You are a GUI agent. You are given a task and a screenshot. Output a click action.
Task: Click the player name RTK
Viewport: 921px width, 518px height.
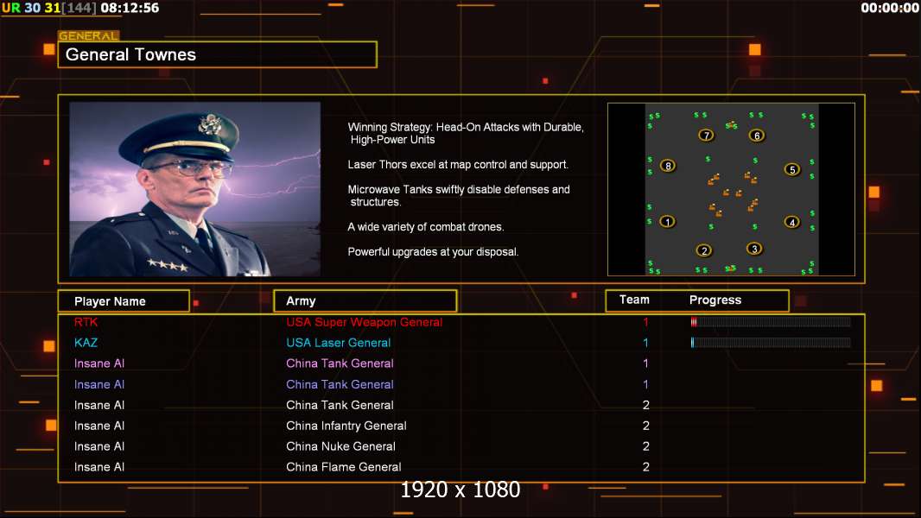coord(86,322)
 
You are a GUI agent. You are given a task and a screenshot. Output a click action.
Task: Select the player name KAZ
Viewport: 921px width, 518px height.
coord(86,343)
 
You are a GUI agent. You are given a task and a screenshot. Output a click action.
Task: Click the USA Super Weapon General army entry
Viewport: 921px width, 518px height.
coord(365,322)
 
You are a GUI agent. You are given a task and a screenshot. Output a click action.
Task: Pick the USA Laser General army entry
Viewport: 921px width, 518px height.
coord(339,343)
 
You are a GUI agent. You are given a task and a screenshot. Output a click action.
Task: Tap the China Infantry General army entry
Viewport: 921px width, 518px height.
coord(346,426)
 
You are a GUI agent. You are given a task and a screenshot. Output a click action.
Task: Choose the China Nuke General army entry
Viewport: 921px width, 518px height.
coord(340,446)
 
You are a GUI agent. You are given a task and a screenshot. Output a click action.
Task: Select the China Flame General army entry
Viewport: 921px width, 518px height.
coord(344,467)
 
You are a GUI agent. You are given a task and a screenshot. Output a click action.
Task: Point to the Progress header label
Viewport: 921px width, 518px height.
coord(715,300)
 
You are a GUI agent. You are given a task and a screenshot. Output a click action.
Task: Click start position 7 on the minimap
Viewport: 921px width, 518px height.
coord(706,136)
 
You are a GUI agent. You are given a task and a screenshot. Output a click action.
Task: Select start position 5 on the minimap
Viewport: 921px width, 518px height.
coord(792,170)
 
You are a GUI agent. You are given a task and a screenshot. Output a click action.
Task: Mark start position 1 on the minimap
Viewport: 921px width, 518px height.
coord(667,222)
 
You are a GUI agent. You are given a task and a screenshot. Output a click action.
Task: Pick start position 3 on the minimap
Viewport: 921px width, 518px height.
coord(755,249)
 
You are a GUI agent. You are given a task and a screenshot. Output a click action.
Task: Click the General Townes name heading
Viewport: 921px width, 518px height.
coord(131,54)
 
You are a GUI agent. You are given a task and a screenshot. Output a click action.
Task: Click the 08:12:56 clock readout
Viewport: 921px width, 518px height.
coord(130,8)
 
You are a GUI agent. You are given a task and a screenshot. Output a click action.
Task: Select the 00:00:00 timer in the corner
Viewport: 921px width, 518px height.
coord(889,8)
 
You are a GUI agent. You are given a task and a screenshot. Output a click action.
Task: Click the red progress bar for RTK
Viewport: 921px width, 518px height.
coord(694,322)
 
